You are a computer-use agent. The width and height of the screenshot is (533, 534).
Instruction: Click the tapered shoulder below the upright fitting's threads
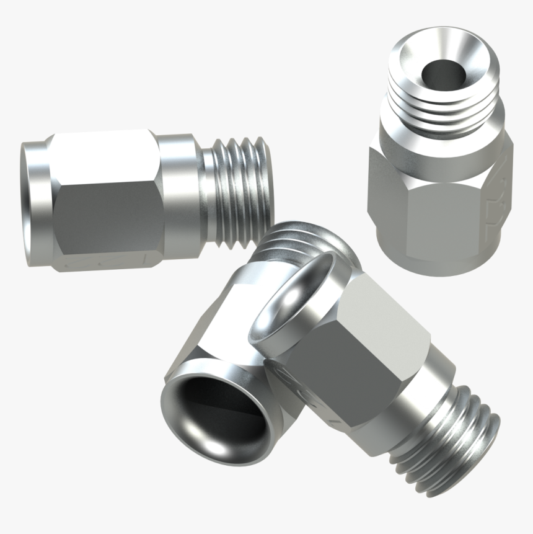441,133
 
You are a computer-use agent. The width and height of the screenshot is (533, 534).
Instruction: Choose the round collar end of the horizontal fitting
34,205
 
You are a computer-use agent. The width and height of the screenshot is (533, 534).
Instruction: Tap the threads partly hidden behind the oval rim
291,239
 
